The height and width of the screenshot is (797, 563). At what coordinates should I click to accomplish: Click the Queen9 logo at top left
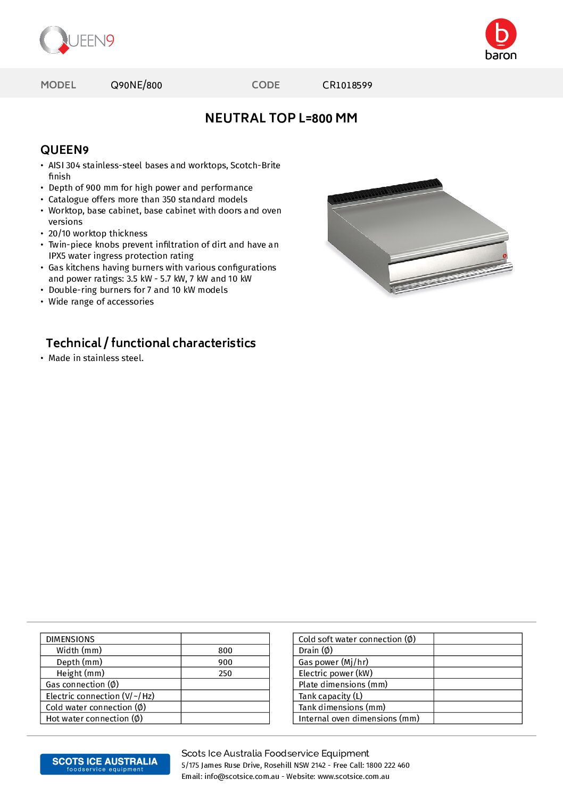[77, 40]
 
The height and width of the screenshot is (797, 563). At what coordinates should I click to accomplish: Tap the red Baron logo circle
[501, 34]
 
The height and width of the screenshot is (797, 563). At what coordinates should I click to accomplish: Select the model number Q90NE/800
[136, 85]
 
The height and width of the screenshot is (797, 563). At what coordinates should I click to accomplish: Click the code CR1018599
[347, 85]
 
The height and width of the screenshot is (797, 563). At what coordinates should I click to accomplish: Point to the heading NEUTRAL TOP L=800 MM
[281, 118]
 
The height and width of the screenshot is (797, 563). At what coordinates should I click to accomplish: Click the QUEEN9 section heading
[64, 150]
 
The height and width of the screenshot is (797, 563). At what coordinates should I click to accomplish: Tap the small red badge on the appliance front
[504, 256]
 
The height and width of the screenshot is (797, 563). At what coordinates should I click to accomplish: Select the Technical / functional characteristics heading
[151, 343]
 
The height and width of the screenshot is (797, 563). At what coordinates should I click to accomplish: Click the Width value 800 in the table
[225, 651]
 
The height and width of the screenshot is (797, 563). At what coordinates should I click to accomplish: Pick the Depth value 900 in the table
[225, 662]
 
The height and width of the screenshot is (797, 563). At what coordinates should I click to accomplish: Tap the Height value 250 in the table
[225, 673]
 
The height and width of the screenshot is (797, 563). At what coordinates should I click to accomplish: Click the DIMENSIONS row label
[70, 639]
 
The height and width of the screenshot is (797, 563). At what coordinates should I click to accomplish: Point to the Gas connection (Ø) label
[82, 685]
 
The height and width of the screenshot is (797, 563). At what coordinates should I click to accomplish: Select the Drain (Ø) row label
[316, 651]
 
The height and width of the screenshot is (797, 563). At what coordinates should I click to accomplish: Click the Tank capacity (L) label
[330, 696]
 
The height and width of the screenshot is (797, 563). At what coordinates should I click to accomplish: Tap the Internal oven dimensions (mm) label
[359, 719]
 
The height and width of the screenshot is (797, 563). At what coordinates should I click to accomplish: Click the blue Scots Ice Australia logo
[105, 764]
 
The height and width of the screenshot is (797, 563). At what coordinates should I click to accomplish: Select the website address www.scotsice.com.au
[353, 777]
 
